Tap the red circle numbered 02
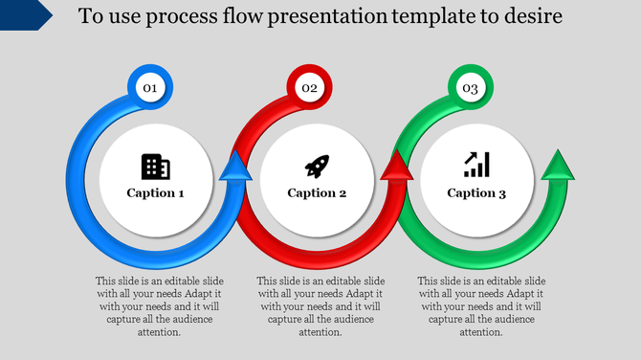point(309,88)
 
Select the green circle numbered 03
point(470,88)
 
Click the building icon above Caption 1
point(155,167)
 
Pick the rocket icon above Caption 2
point(317,167)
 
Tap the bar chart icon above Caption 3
point(476,166)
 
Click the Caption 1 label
point(156,193)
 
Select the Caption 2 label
point(317,193)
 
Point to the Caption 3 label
point(476,193)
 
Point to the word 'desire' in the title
point(535,16)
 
